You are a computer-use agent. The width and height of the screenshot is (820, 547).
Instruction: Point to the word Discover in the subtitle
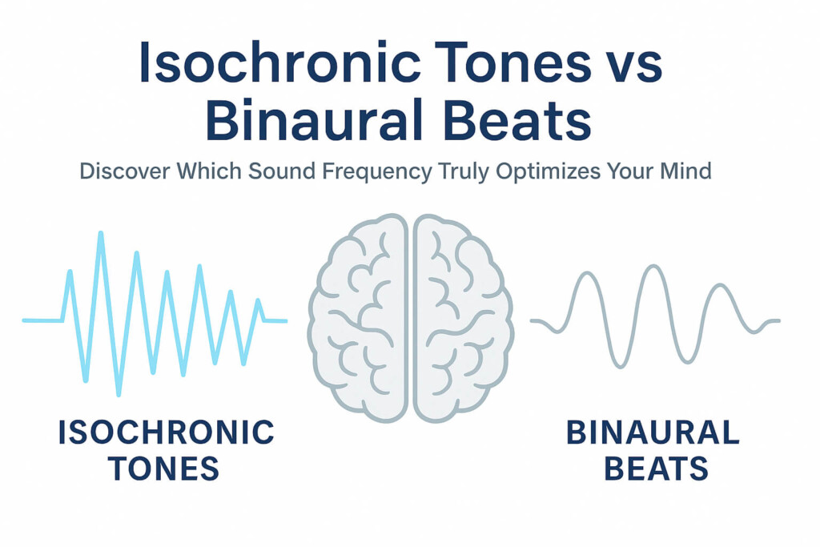[120, 172]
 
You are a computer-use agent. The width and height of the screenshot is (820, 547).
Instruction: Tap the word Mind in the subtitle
[686, 172]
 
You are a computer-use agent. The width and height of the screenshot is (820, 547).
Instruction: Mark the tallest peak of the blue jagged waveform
[101, 233]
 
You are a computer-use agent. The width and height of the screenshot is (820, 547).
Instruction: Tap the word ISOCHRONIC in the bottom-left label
[166, 433]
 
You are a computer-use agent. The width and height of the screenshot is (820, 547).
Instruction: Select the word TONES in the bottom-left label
[163, 469]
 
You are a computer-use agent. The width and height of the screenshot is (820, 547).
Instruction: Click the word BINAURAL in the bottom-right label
[653, 433]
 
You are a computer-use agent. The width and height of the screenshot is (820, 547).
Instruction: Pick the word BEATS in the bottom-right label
[656, 469]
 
